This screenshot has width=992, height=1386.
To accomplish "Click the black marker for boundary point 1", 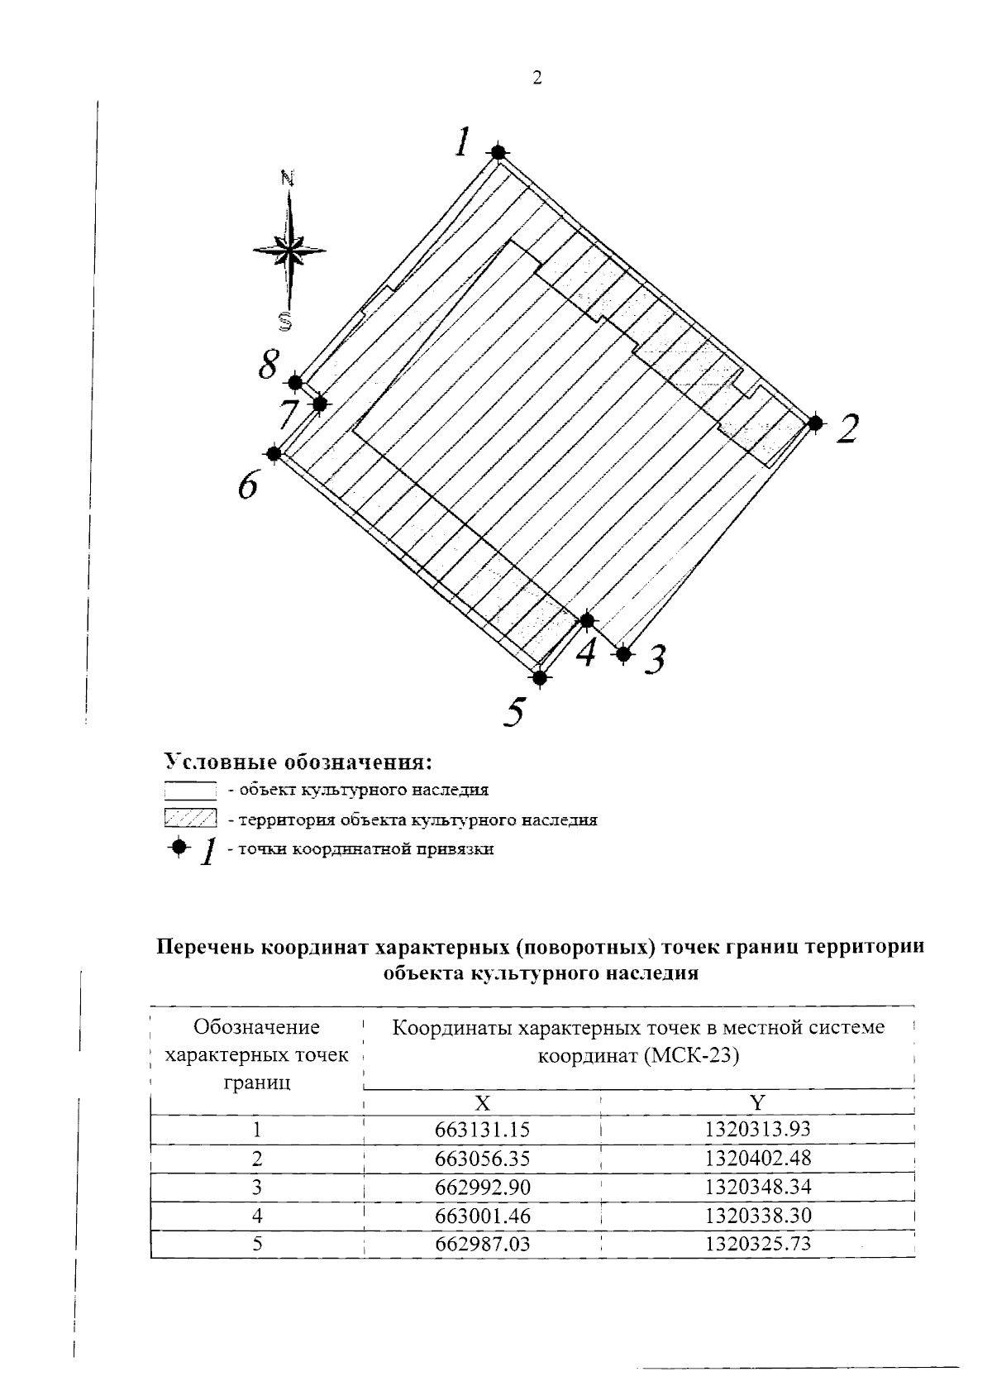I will (498, 152).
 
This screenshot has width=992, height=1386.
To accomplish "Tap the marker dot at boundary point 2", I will (815, 423).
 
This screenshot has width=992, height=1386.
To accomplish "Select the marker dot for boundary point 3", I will (624, 653).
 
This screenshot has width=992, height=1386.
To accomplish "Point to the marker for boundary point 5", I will (540, 677).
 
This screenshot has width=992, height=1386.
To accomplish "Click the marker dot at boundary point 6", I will (274, 453).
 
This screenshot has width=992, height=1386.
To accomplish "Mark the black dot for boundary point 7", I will (320, 404).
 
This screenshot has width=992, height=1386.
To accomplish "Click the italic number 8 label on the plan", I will (268, 365).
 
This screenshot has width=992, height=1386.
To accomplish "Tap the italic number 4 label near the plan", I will (586, 652).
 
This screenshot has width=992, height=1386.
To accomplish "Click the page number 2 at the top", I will (537, 79).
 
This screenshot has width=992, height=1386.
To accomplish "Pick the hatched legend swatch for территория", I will (190, 820).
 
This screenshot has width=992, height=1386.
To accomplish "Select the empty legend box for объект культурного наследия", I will (190, 790).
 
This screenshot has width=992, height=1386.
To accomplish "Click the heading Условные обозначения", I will (299, 760).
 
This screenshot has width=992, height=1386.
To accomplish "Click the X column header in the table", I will (482, 1102).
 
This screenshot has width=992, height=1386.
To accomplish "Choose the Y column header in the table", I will (757, 1102).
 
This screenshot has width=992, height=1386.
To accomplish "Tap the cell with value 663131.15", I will (482, 1130).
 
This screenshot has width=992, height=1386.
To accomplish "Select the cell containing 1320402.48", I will (757, 1159).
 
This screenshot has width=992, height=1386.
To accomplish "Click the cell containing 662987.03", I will (482, 1244).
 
